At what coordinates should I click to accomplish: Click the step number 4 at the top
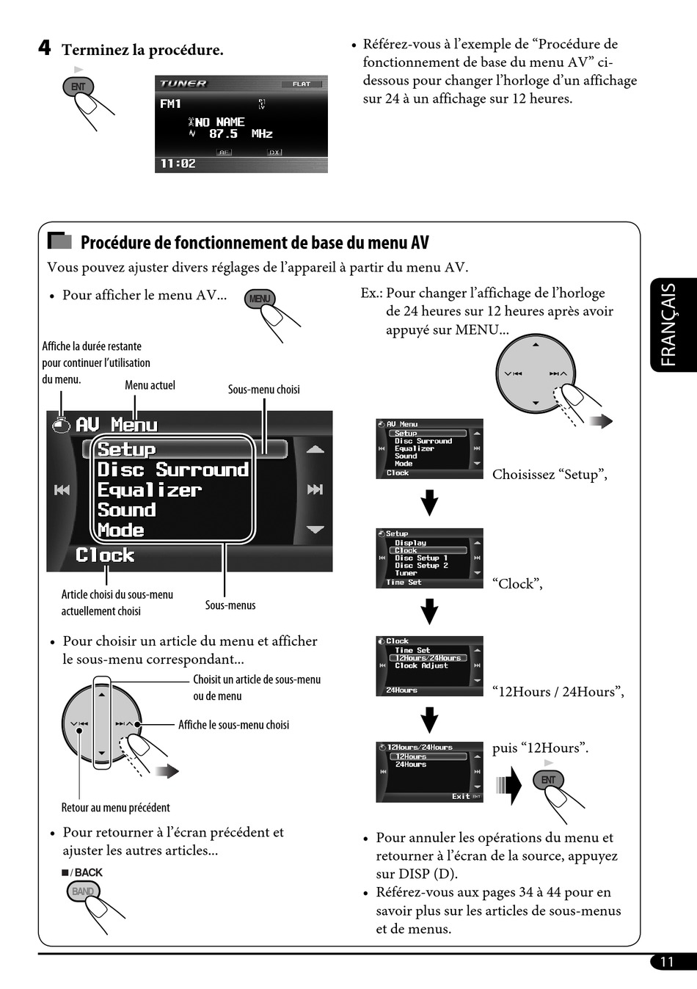(x=45, y=48)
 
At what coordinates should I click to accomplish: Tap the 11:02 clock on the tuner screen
(x=178, y=164)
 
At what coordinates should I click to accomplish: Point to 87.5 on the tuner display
(x=223, y=134)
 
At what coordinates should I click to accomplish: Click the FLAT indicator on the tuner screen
(x=301, y=84)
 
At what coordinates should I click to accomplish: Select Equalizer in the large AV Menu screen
(x=149, y=490)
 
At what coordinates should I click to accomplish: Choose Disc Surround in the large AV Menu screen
(x=173, y=470)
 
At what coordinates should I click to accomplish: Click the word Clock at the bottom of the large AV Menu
(x=105, y=555)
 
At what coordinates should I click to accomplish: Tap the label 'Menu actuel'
(x=150, y=385)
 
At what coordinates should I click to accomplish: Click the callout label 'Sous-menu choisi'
(x=263, y=390)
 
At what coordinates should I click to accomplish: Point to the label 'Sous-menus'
(x=230, y=605)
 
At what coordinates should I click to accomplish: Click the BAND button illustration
(x=82, y=891)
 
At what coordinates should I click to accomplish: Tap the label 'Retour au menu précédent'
(x=115, y=808)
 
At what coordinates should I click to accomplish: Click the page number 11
(x=666, y=962)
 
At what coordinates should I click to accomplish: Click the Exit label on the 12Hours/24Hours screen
(x=461, y=796)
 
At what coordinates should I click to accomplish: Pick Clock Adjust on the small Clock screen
(x=421, y=666)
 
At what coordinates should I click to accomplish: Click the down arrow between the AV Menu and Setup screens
(x=429, y=503)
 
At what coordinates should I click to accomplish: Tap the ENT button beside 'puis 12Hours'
(x=548, y=780)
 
